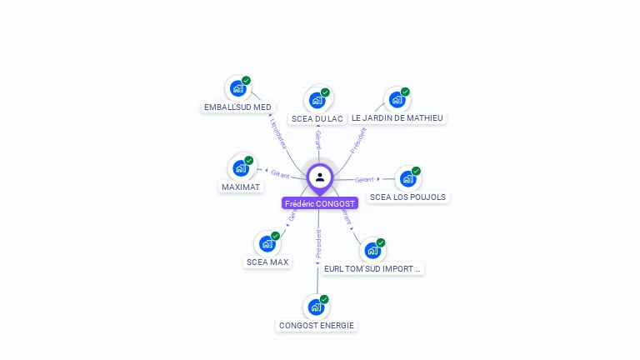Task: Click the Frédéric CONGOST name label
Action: (320, 203)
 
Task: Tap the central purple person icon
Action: (320, 177)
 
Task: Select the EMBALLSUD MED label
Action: (237, 107)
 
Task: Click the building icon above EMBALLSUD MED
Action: (237, 88)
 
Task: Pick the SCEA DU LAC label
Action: (317, 118)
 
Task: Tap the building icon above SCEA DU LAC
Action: (317, 100)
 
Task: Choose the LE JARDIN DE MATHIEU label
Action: (397, 118)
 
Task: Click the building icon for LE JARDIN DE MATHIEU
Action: (397, 99)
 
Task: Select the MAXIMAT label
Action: (241, 187)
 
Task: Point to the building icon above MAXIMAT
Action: (241, 168)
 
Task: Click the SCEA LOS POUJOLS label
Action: (407, 197)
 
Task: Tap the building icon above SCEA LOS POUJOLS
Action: (407, 178)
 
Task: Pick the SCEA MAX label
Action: (267, 262)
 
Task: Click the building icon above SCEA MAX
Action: (267, 243)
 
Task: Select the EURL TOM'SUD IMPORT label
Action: (373, 269)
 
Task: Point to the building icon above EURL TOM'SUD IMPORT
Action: (372, 250)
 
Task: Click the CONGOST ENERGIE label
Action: (317, 326)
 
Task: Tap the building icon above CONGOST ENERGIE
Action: (316, 307)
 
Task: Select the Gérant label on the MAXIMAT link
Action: (280, 174)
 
